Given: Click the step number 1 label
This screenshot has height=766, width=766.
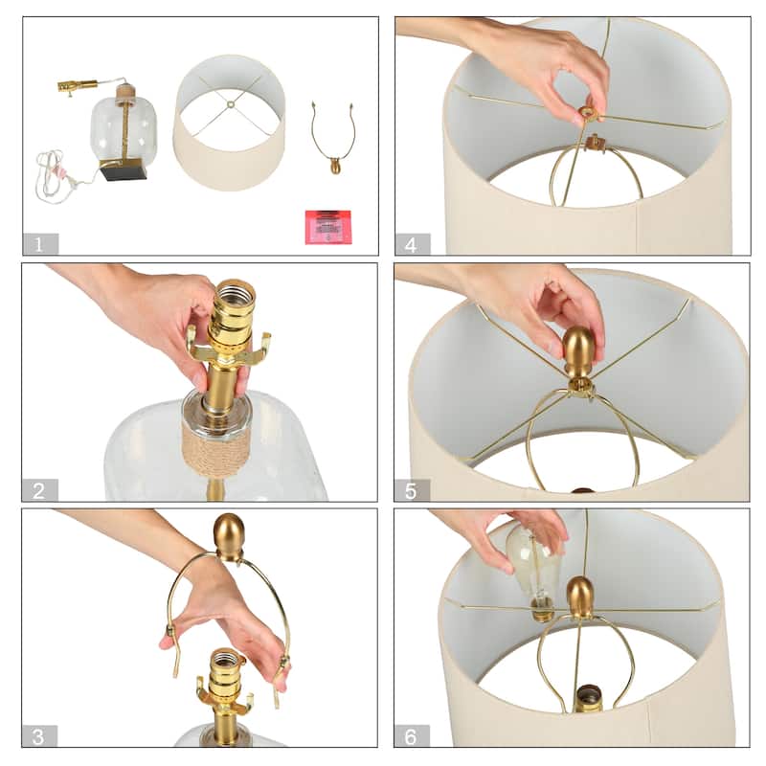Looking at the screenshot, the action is pyautogui.click(x=40, y=244).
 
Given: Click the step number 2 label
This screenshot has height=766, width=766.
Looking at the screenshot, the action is pyautogui.click(x=39, y=490).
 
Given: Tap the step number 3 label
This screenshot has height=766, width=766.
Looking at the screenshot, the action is pyautogui.click(x=39, y=735).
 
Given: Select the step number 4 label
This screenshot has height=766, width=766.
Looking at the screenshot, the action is pyautogui.click(x=413, y=244).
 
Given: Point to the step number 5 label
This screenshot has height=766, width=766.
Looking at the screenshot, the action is pyautogui.click(x=412, y=490).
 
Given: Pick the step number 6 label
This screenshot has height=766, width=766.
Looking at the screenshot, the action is pyautogui.click(x=412, y=735).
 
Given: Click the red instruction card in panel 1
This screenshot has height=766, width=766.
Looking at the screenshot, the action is pyautogui.click(x=327, y=227).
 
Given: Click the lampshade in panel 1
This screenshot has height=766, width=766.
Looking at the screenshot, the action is pyautogui.click(x=229, y=123).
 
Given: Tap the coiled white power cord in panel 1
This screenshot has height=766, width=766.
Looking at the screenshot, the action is pyautogui.click(x=56, y=176).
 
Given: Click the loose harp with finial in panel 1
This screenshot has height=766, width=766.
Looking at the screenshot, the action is pyautogui.click(x=332, y=138).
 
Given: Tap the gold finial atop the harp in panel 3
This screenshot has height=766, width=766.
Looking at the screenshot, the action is pyautogui.click(x=229, y=536).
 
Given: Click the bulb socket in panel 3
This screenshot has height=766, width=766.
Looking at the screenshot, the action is pyautogui.click(x=226, y=676).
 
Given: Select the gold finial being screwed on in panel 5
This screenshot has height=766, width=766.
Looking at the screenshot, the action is pyautogui.click(x=579, y=351).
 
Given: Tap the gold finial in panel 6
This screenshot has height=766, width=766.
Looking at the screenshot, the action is pyautogui.click(x=580, y=597).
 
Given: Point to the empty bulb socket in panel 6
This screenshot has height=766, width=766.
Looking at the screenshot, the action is pyautogui.click(x=588, y=699).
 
